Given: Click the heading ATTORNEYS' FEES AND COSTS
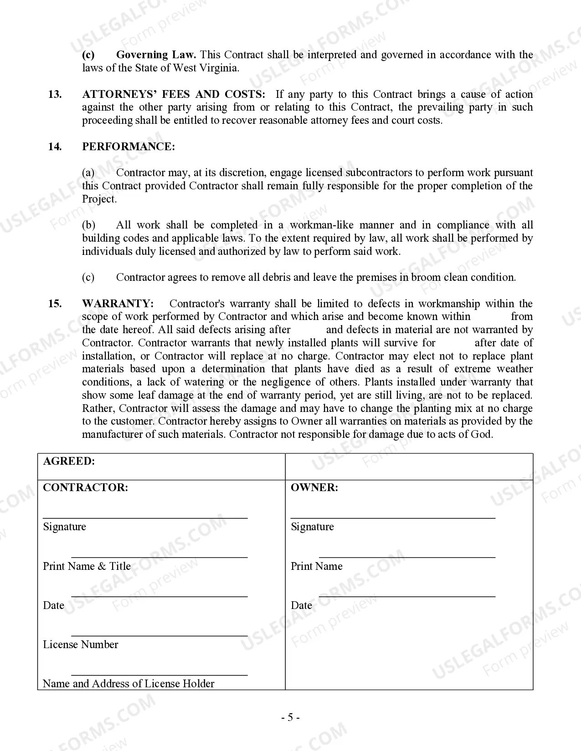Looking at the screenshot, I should [x=174, y=94].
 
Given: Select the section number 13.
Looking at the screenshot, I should [x=55, y=94].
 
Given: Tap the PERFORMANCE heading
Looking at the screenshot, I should [x=128, y=147].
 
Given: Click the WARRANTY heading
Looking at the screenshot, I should [x=118, y=304].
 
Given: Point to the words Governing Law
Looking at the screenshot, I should [x=156, y=55].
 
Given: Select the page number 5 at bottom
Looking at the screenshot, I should [x=290, y=718].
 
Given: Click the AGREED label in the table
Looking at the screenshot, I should [x=69, y=461].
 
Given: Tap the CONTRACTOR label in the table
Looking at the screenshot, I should [x=85, y=487].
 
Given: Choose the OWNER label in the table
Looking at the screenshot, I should [x=314, y=487].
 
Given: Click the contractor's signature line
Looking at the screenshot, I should [x=145, y=517].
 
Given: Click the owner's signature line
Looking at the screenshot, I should [x=393, y=517].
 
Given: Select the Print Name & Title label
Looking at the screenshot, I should [x=87, y=566].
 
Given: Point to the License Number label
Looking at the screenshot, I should [x=81, y=644].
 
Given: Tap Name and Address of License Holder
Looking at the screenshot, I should [x=129, y=684].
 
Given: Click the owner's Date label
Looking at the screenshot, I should [x=301, y=605].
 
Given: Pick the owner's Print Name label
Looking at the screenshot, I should [x=316, y=566].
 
